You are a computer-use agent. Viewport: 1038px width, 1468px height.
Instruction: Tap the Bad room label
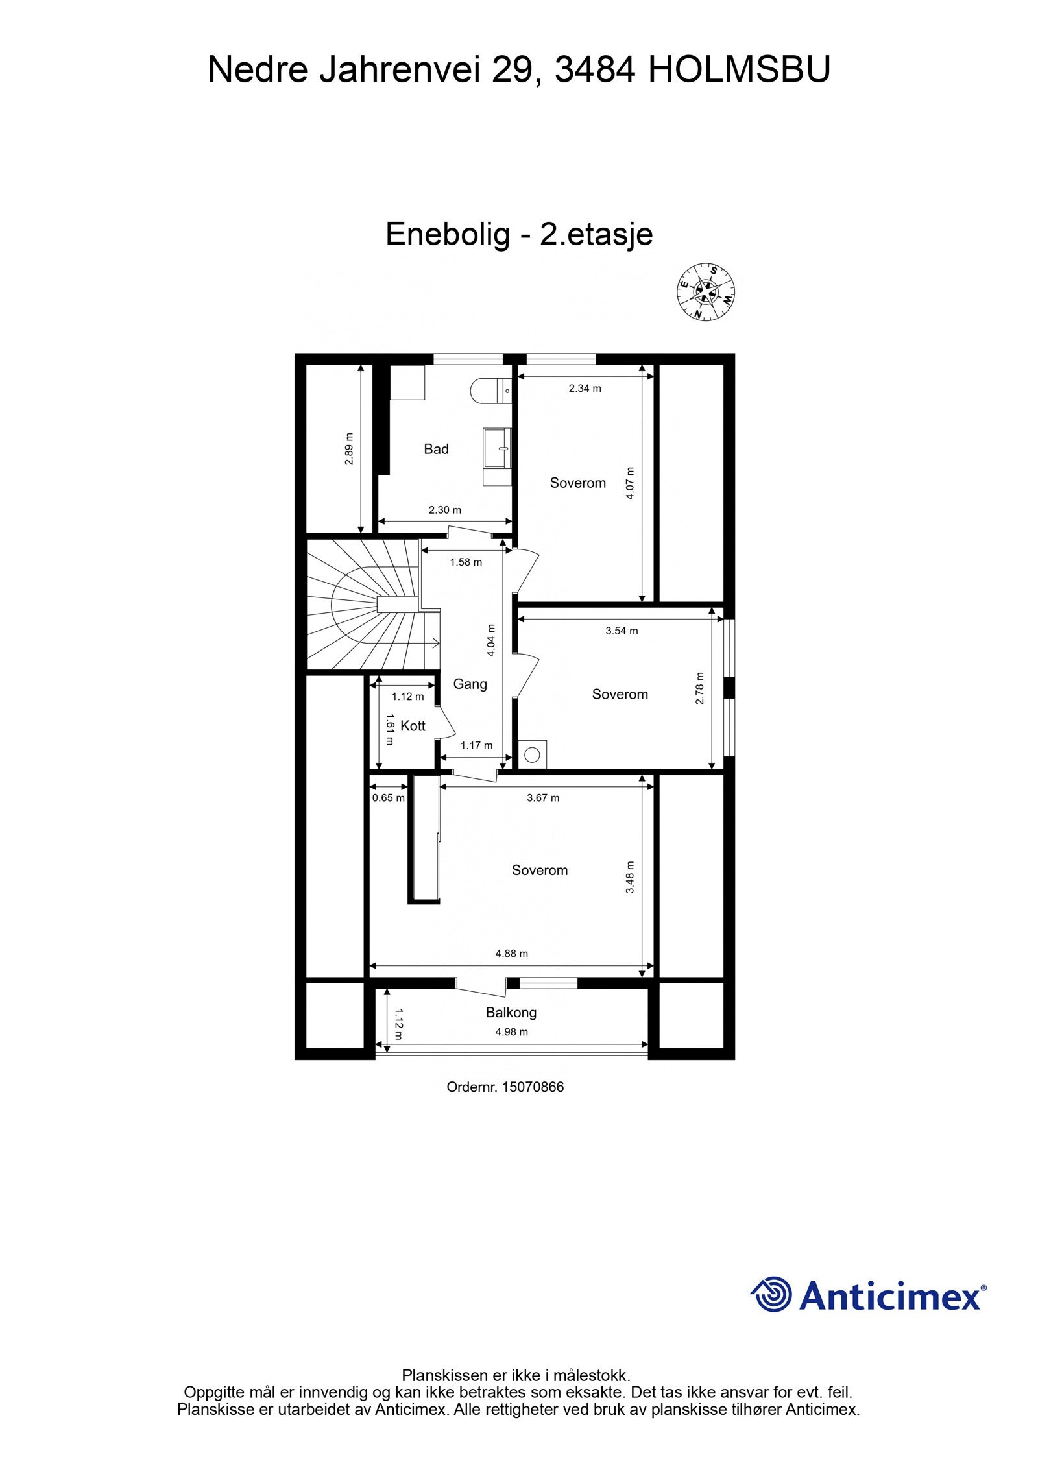coord(436,449)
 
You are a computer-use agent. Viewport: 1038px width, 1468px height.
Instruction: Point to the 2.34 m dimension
coord(585,389)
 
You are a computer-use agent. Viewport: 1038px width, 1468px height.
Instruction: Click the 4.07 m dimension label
coord(631,483)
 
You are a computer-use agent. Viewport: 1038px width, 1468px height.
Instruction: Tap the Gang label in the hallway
coord(470,684)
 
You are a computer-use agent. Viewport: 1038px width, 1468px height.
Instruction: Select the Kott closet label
coord(413,726)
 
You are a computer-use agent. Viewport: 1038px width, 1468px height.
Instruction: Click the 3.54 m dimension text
coord(622,631)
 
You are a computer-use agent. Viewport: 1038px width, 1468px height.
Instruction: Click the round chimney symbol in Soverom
coord(533,754)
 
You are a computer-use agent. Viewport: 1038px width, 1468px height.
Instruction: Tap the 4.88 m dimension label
coord(512,954)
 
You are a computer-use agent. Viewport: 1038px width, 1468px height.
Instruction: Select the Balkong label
coord(511,1012)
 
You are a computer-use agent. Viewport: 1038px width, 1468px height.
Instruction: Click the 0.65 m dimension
coord(388,798)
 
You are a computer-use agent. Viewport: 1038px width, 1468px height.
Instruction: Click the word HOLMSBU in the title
coord(739,70)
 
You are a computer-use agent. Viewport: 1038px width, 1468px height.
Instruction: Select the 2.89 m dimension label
coord(349,449)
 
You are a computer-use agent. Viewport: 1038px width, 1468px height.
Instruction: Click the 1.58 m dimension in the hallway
coord(466,562)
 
